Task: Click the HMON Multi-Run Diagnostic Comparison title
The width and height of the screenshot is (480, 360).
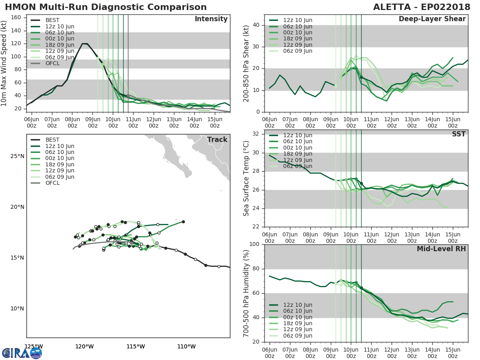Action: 106,7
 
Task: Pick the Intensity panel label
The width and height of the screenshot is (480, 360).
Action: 211,19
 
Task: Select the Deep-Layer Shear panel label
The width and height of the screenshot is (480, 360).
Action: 432,19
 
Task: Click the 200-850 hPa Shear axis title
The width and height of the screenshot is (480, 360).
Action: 247,63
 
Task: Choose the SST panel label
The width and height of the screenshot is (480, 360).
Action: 458,134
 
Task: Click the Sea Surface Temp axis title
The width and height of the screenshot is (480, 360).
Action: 247,179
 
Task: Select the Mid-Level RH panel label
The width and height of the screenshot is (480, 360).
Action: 441,249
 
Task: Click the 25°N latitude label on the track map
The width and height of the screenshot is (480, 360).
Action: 17,156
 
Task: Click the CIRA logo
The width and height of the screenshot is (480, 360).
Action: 22,353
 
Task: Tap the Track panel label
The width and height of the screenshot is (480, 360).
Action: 217,140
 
